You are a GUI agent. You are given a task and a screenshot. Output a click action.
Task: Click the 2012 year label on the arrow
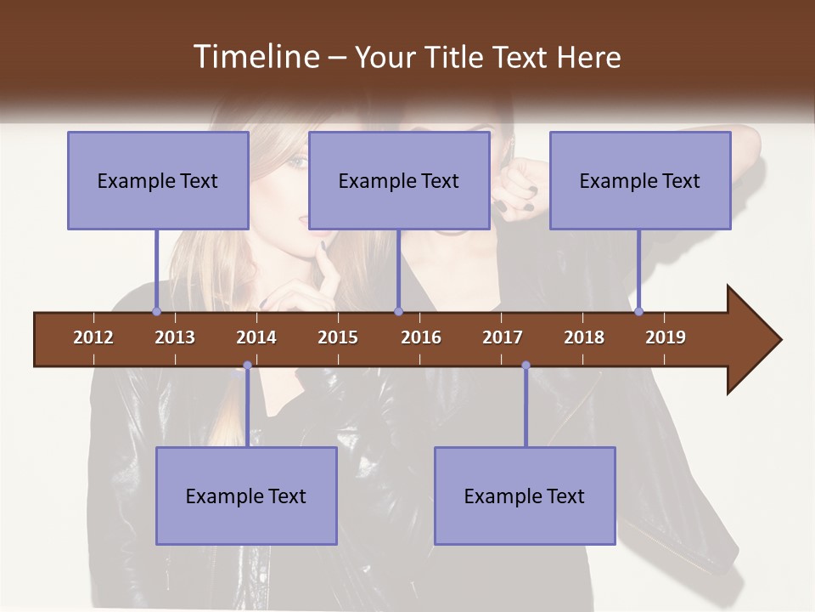(93, 337)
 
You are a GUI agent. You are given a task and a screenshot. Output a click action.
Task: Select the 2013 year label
(175, 337)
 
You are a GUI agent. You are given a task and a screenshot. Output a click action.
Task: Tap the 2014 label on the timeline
(256, 337)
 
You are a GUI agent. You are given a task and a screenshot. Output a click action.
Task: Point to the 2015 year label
(338, 337)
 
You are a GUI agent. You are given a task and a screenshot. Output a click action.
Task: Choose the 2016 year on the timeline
(421, 337)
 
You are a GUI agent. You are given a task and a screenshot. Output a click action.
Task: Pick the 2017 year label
(503, 337)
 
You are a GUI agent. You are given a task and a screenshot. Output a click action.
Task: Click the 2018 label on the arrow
(584, 337)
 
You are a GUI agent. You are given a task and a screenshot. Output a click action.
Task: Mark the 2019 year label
(666, 337)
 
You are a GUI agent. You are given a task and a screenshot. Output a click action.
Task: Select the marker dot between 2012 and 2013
(156, 311)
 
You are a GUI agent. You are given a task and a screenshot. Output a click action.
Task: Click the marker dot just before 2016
(398, 311)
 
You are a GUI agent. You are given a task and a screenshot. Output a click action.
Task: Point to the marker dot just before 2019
(638, 311)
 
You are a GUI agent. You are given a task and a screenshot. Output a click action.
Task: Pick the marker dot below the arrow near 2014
(247, 365)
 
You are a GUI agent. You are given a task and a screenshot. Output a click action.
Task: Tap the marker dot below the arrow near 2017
(526, 365)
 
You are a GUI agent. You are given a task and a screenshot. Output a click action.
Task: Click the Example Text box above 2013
(158, 180)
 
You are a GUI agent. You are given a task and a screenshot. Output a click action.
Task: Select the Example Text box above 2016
(399, 180)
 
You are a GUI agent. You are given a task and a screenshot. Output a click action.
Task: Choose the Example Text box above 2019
(640, 180)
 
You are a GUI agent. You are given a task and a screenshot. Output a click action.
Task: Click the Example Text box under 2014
(246, 496)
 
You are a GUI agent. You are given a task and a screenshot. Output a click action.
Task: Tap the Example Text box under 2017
(525, 496)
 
